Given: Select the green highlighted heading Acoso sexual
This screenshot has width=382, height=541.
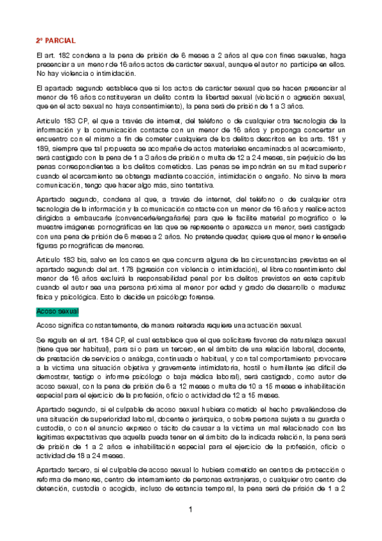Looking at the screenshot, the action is (x=57, y=311).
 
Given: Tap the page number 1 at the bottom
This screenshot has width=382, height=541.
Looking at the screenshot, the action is (x=190, y=510).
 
